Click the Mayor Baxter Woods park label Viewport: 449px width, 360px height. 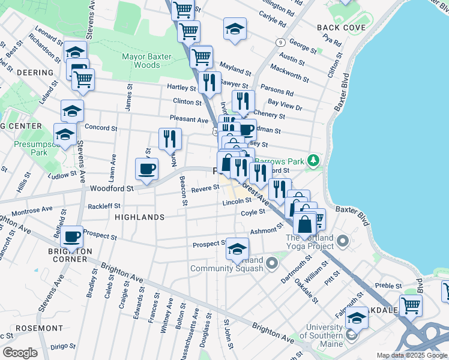click(147, 61)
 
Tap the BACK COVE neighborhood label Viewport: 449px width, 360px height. click(341, 28)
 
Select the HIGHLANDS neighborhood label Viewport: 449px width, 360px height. click(139, 217)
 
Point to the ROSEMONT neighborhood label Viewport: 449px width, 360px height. click(39, 328)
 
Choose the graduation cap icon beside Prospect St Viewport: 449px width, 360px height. click(237, 248)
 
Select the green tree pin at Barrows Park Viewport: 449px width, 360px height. click(312, 160)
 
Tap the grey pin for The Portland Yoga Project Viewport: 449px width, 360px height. click(343, 242)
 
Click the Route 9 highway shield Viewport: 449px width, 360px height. click(280, 42)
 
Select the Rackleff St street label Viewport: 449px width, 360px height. click(104, 206)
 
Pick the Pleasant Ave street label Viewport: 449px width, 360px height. click(189, 119)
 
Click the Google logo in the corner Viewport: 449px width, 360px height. click(20, 353)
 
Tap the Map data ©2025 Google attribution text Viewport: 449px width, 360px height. click(411, 355)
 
